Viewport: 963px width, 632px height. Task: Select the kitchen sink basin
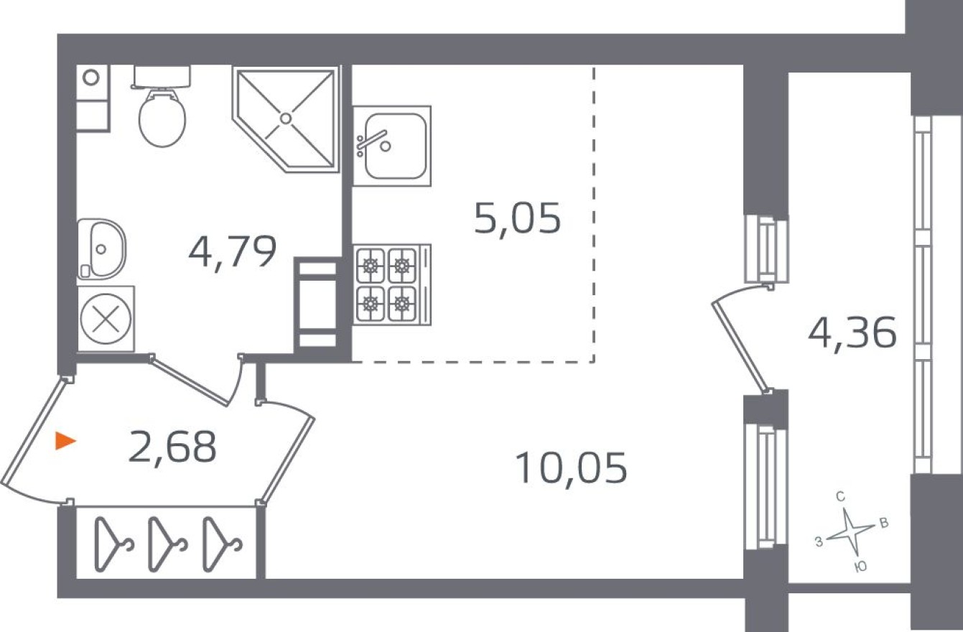click(x=394, y=146)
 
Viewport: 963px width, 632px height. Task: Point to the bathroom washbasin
click(x=102, y=248)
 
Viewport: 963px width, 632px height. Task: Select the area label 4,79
click(x=233, y=252)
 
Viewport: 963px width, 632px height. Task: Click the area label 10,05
click(x=571, y=468)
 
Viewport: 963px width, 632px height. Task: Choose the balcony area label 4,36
click(x=852, y=333)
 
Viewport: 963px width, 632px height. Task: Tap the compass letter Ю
click(x=860, y=567)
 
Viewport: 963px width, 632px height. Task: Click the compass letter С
click(x=839, y=496)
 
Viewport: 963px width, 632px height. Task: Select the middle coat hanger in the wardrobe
click(x=166, y=544)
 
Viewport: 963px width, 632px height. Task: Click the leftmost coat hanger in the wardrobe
click(x=112, y=544)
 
